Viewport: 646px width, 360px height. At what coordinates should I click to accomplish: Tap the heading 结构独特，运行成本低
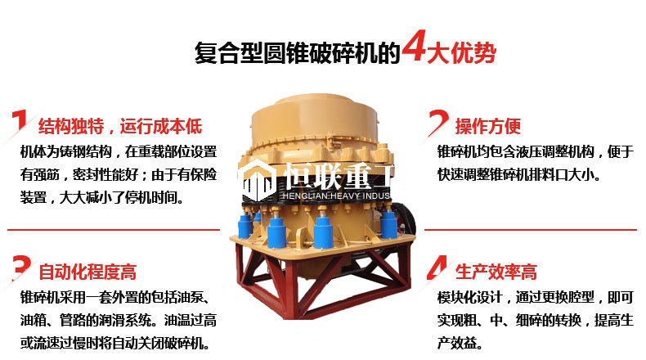pyautogui.click(x=120, y=126)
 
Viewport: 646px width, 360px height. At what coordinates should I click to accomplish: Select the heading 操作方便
pyautogui.click(x=488, y=126)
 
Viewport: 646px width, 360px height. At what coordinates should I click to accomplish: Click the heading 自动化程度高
pyautogui.click(x=87, y=272)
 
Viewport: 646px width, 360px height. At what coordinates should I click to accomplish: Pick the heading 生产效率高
pyautogui.click(x=496, y=272)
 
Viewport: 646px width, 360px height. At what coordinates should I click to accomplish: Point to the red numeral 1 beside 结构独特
pyautogui.click(x=20, y=121)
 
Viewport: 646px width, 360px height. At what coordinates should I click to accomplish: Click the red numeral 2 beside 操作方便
pyautogui.click(x=438, y=123)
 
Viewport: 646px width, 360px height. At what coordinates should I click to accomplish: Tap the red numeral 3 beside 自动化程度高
pyautogui.click(x=21, y=268)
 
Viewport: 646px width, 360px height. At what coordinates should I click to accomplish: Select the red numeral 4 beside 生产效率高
pyautogui.click(x=437, y=268)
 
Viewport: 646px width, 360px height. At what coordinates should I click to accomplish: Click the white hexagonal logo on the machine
pyautogui.click(x=258, y=180)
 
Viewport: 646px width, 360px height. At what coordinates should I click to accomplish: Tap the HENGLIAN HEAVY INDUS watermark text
pyautogui.click(x=336, y=196)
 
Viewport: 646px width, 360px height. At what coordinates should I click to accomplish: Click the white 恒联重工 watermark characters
pyautogui.click(x=338, y=175)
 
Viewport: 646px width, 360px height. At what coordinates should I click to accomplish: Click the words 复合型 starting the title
pyautogui.click(x=229, y=53)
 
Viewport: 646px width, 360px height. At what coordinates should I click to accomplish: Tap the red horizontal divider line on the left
pyautogui.click(x=114, y=230)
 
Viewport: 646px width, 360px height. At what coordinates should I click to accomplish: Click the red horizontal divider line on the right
pyautogui.click(x=531, y=230)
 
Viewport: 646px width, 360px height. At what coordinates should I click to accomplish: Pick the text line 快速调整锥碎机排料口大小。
pyautogui.click(x=518, y=174)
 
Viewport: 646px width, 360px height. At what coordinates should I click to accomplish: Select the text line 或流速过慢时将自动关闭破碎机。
pyautogui.click(x=114, y=343)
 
